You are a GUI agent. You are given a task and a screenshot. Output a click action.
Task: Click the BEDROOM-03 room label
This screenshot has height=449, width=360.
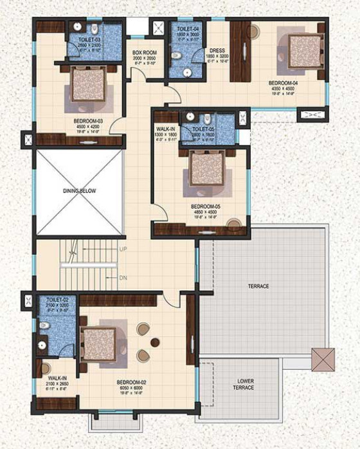(x=89, y=120)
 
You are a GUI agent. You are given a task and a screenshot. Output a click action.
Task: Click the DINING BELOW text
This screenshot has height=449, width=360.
(x=79, y=191)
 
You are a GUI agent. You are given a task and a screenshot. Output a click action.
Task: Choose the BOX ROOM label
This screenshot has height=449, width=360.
(x=145, y=53)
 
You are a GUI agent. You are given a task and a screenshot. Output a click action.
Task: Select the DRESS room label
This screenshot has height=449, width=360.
(x=217, y=51)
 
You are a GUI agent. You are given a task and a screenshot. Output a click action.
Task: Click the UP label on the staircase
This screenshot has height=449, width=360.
(x=123, y=248)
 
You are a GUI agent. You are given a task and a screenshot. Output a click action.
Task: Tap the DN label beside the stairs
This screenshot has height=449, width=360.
(x=123, y=278)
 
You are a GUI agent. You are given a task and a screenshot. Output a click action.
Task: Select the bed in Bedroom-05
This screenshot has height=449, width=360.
(x=206, y=169)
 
